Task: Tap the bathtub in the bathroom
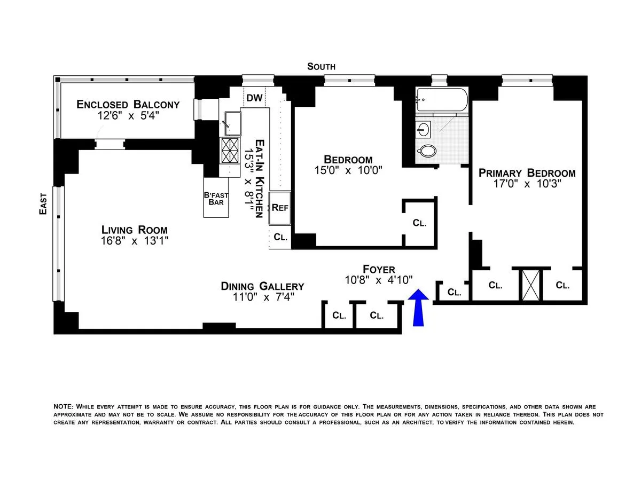pos(442,99)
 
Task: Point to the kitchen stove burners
pos(230,150)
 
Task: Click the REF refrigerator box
pos(280,207)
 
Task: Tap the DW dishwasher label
pos(255,98)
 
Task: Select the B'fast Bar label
pos(216,199)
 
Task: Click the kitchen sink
pos(232,123)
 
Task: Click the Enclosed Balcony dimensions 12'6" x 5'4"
pos(128,115)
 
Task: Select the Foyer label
pos(379,269)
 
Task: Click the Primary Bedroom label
pos(527,173)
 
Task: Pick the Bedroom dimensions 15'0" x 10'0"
pos(348,170)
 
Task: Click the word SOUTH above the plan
pos(321,67)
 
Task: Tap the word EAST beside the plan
pos(43,204)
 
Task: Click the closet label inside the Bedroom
pos(419,223)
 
